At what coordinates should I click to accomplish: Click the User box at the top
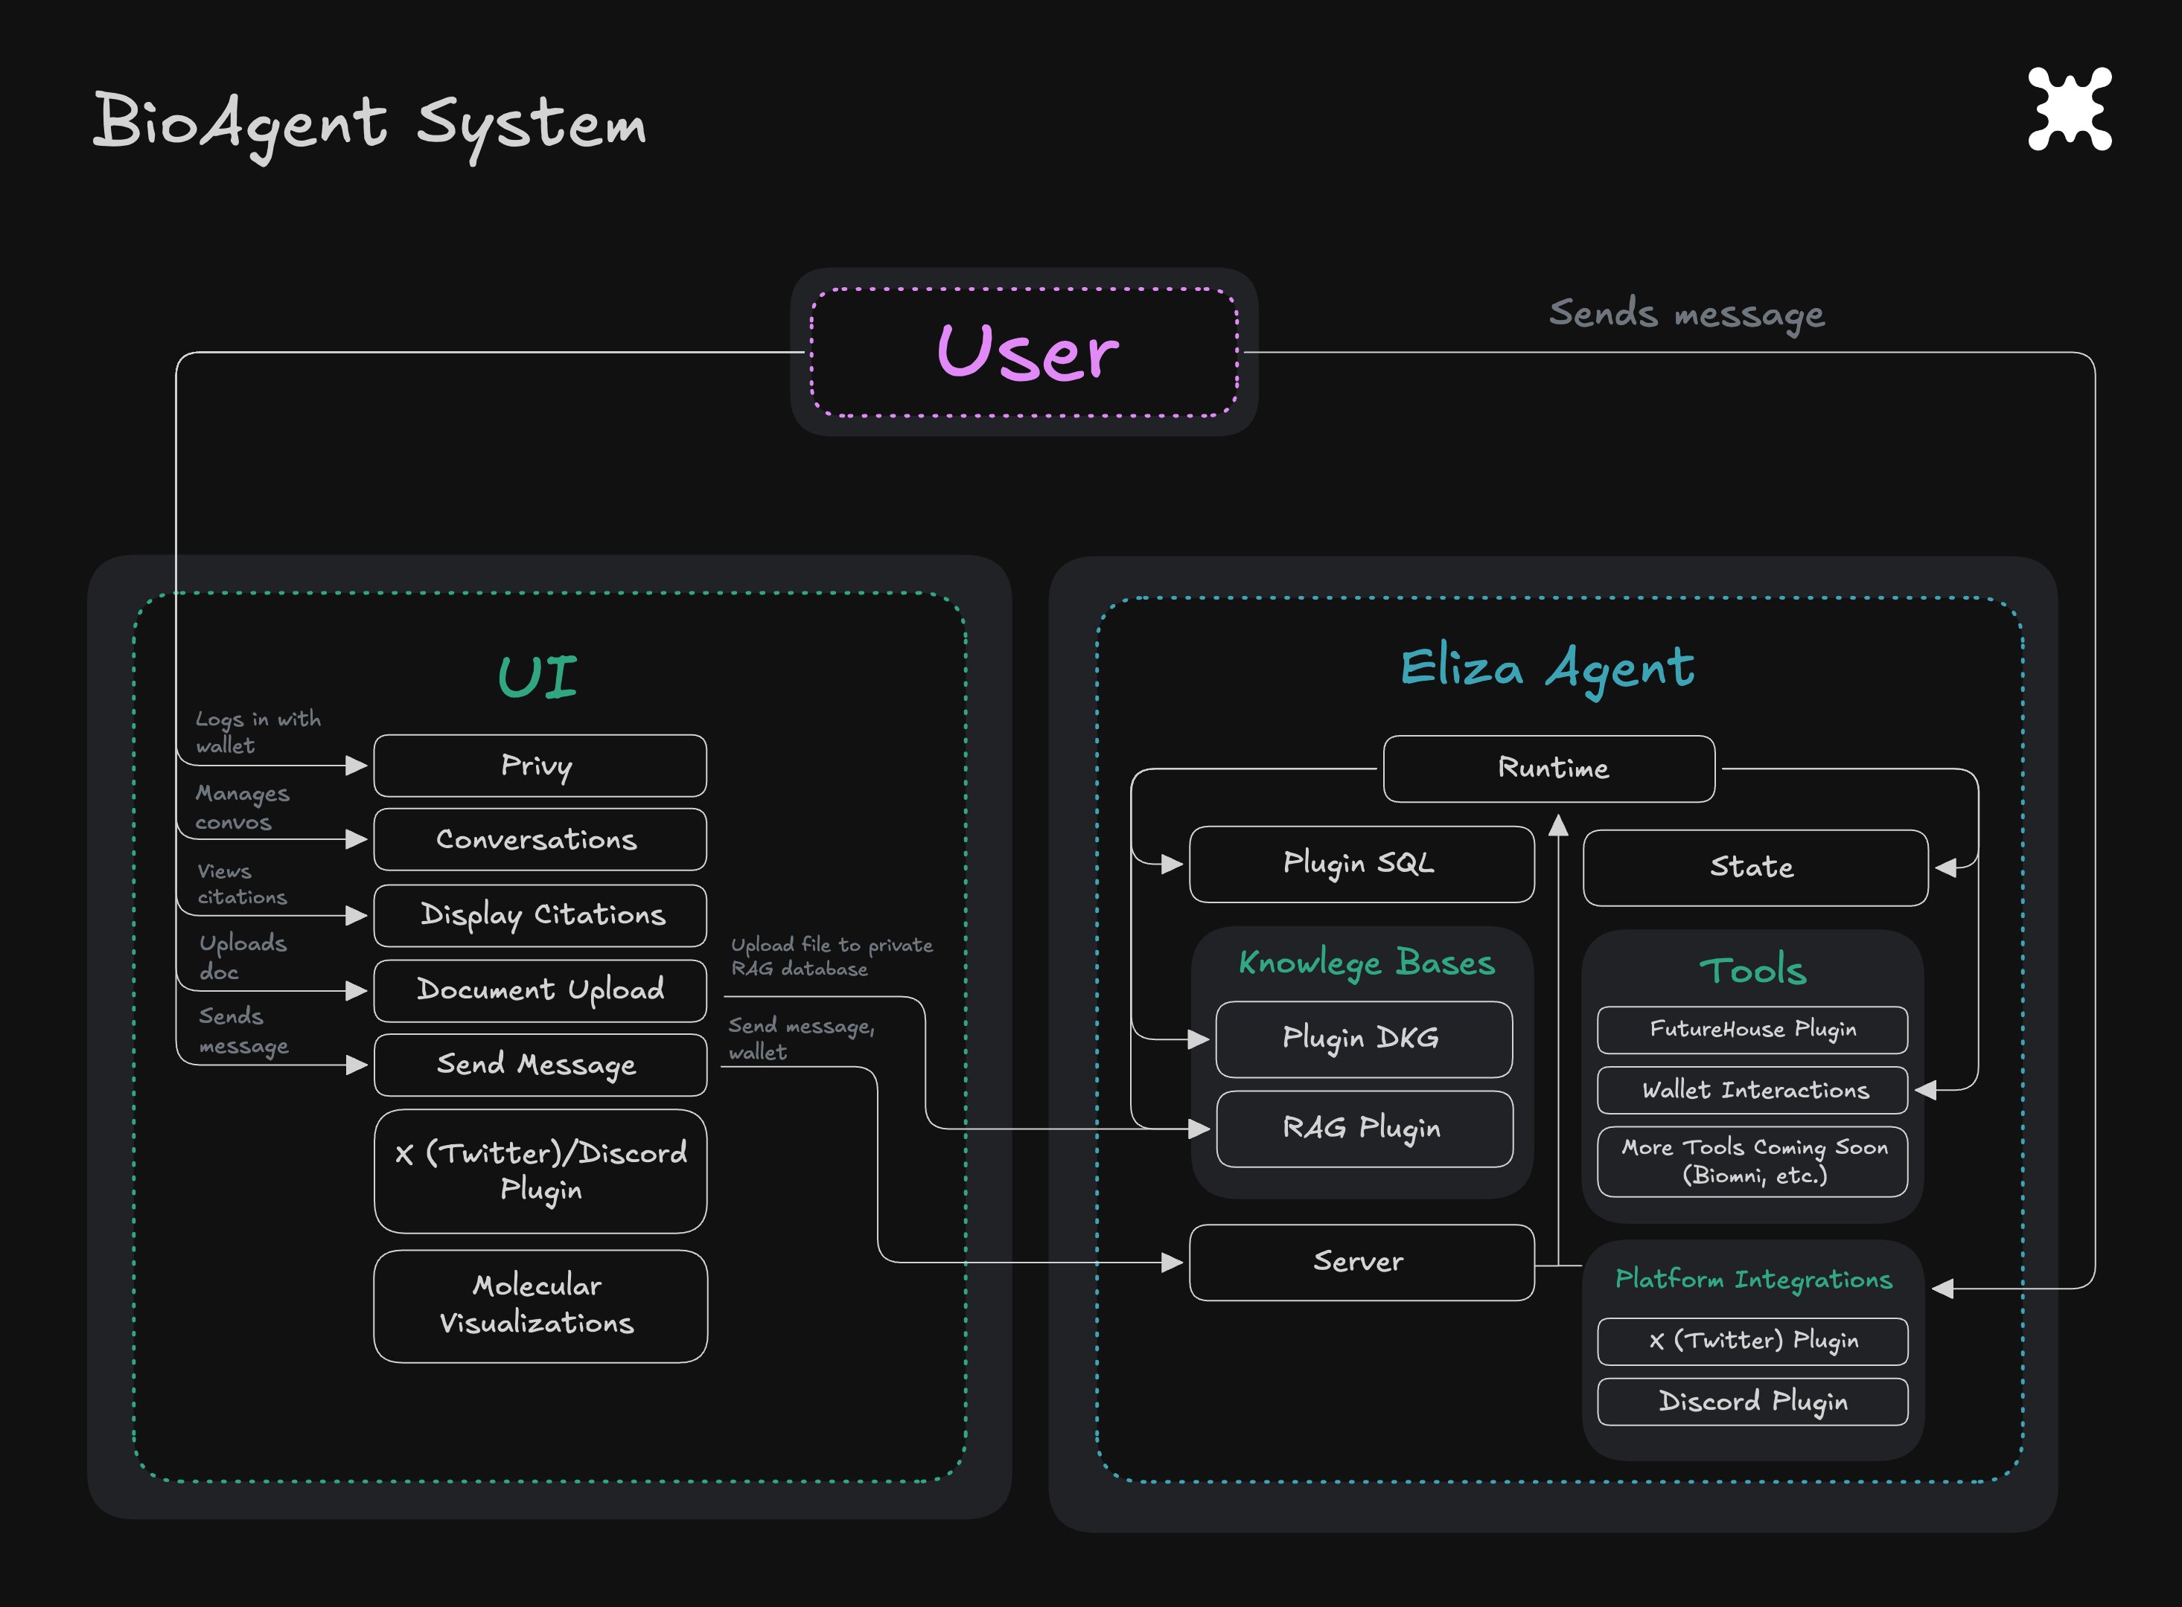1024,352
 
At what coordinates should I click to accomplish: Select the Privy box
540,766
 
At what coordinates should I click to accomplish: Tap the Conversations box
540,839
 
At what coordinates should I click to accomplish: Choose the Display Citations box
540,915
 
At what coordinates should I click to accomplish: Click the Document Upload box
540,990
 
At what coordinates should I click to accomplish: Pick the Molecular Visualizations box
540,1306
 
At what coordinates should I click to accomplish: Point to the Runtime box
1549,769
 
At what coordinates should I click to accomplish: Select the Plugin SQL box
1362,864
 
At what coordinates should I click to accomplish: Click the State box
1755,867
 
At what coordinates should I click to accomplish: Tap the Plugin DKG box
1365,1039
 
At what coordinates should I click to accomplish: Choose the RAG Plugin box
1365,1129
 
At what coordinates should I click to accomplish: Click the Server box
1362,1262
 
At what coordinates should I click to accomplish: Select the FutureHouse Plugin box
1752,1029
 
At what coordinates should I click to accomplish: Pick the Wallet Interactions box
1752,1089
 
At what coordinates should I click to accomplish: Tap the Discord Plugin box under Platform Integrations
1752,1402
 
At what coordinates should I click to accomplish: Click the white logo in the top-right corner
2070,109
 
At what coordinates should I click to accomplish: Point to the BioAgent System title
370,124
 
